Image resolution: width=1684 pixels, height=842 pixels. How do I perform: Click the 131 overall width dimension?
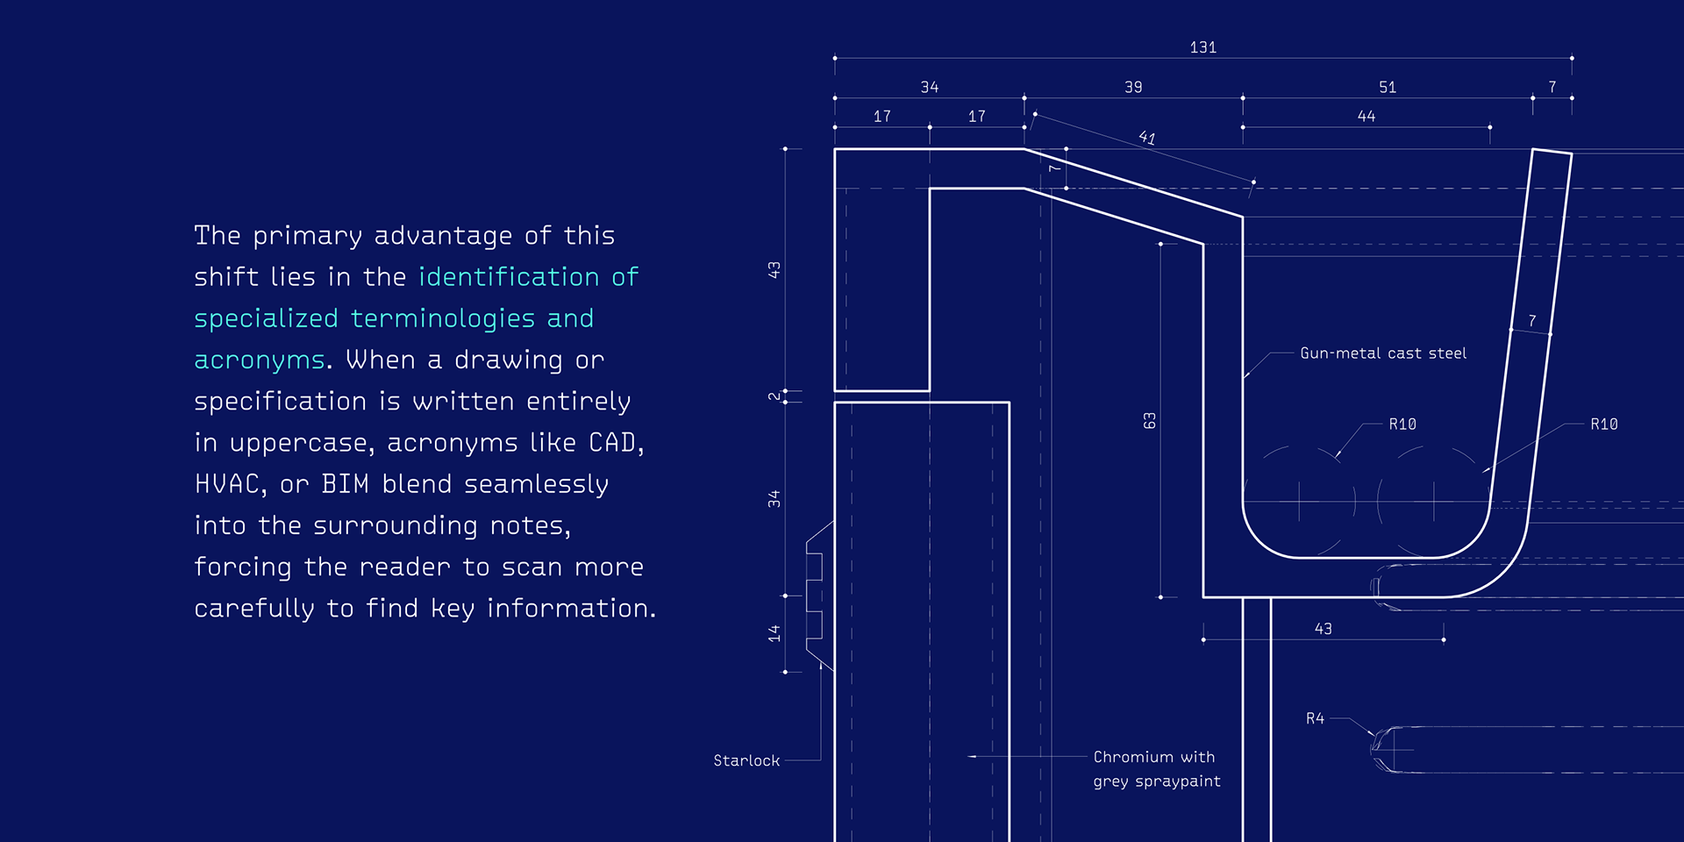(1202, 47)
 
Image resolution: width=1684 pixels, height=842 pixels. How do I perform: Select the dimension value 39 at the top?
(1133, 87)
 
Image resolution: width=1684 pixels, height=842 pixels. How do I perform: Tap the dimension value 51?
(1387, 87)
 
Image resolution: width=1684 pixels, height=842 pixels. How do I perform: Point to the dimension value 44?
(1366, 116)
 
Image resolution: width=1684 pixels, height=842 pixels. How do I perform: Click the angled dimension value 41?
(1146, 138)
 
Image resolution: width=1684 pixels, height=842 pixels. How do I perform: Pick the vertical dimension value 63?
(1150, 421)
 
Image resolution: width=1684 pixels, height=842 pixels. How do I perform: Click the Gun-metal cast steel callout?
(1382, 353)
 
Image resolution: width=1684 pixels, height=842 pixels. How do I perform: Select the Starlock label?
(746, 760)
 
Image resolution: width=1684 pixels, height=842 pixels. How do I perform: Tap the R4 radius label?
(1315, 718)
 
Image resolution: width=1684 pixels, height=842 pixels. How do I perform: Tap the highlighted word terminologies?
(442, 318)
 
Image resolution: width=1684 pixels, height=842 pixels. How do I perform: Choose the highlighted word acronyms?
(259, 360)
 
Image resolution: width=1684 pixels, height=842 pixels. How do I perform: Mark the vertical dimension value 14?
(774, 633)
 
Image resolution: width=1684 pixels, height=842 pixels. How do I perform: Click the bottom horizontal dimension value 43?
(1323, 629)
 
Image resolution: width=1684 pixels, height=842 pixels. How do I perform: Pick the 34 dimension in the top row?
(929, 87)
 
